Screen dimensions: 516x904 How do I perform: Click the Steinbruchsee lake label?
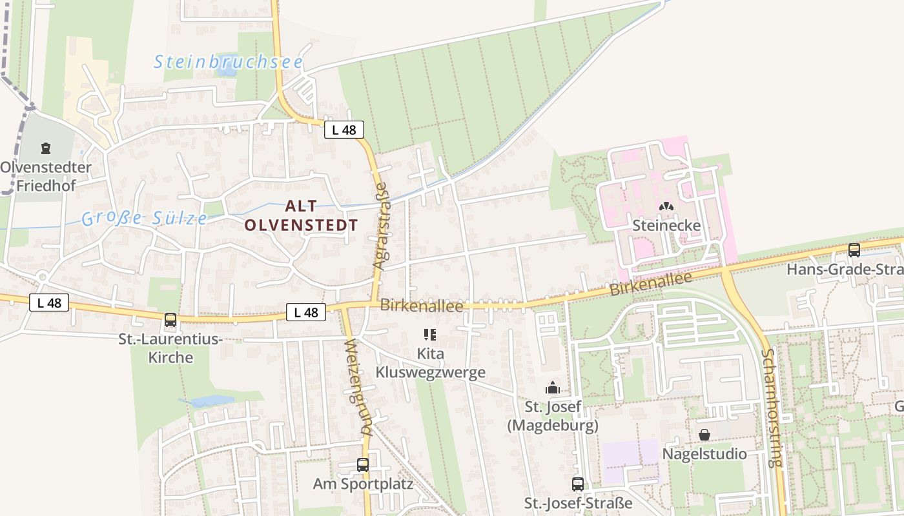[x=229, y=62]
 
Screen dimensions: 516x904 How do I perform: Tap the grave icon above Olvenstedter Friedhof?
[x=45, y=149]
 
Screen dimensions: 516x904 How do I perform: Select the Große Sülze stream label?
[x=145, y=218]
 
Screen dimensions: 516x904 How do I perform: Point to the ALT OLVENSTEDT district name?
[x=301, y=215]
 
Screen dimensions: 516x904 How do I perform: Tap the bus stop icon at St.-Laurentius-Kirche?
[x=170, y=320]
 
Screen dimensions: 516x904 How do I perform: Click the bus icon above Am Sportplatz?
[x=363, y=464]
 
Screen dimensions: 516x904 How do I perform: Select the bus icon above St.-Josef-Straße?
[x=578, y=484]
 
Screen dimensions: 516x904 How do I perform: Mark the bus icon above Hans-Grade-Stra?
[x=854, y=250]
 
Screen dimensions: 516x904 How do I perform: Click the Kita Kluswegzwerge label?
[x=431, y=363]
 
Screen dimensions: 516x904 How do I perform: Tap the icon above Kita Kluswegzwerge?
[x=429, y=335]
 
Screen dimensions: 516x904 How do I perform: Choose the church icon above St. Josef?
[x=553, y=388]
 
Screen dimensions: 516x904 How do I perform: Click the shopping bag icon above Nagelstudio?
[x=704, y=435]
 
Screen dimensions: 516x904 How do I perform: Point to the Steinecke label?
[x=666, y=226]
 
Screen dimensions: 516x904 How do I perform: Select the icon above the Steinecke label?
[x=666, y=206]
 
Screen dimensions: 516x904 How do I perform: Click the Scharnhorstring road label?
[x=772, y=408]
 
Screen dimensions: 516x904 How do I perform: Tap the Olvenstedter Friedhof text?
[x=45, y=177]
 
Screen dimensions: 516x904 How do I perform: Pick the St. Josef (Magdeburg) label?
[x=553, y=416]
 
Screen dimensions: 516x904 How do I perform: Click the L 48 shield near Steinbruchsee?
[x=344, y=130]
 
